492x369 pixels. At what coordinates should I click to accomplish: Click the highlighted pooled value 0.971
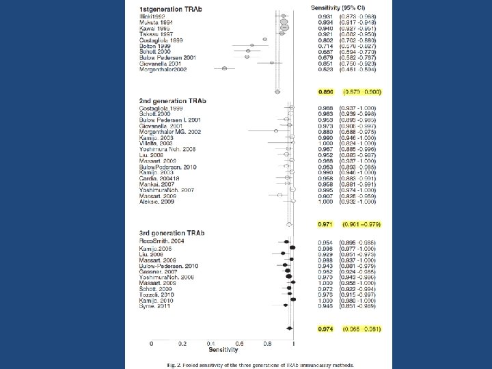325,223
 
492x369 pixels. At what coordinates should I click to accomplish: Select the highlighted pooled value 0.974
325,329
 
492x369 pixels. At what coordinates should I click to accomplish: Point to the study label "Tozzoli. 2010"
156,295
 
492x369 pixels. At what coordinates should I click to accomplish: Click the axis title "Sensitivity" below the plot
223,350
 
